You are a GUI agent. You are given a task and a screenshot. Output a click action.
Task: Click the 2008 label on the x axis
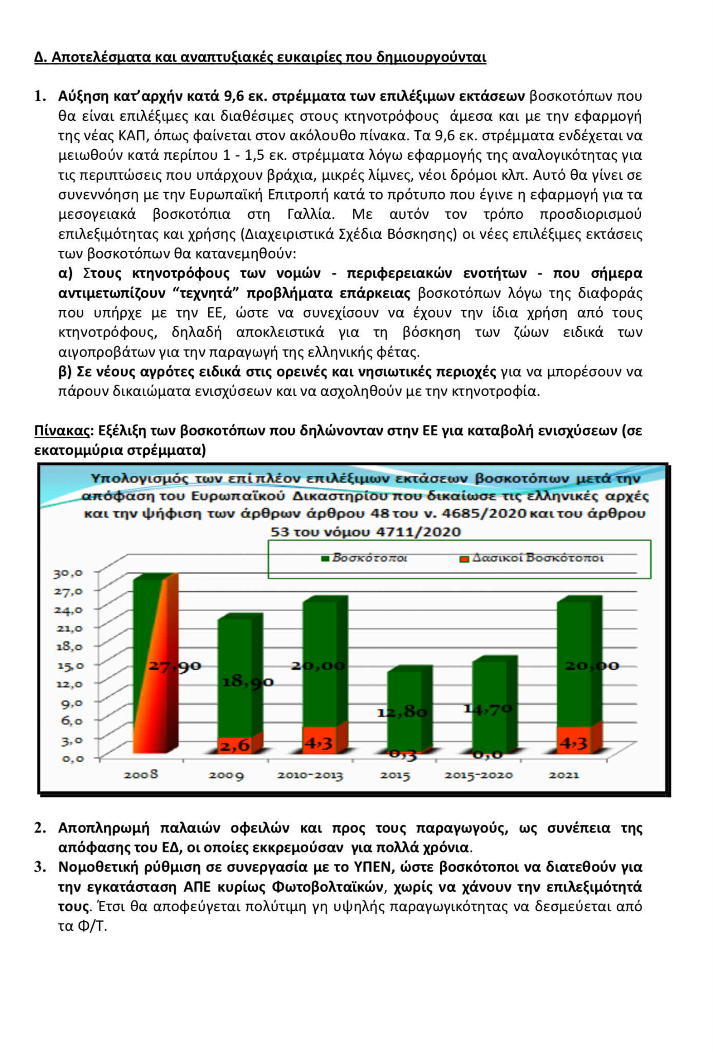click(x=141, y=774)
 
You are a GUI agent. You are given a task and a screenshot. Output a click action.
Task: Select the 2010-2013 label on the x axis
click(x=310, y=775)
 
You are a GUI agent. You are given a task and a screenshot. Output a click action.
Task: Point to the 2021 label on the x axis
click(x=564, y=775)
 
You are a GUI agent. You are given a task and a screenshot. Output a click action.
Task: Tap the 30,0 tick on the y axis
click(x=68, y=573)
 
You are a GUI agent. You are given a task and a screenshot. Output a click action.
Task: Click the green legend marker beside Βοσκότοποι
click(x=325, y=559)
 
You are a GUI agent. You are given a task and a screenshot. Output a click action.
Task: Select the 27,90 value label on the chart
click(x=175, y=666)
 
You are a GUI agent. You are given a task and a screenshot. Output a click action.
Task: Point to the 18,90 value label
click(x=248, y=682)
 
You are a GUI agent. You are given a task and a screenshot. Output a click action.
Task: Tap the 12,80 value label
click(x=402, y=712)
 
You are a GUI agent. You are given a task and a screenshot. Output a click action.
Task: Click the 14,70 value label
click(x=487, y=709)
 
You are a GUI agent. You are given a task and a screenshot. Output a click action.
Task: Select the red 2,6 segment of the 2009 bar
click(x=235, y=745)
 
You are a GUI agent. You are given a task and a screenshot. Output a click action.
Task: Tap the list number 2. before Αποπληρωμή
click(x=41, y=828)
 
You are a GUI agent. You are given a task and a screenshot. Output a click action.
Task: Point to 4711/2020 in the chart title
click(x=418, y=532)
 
